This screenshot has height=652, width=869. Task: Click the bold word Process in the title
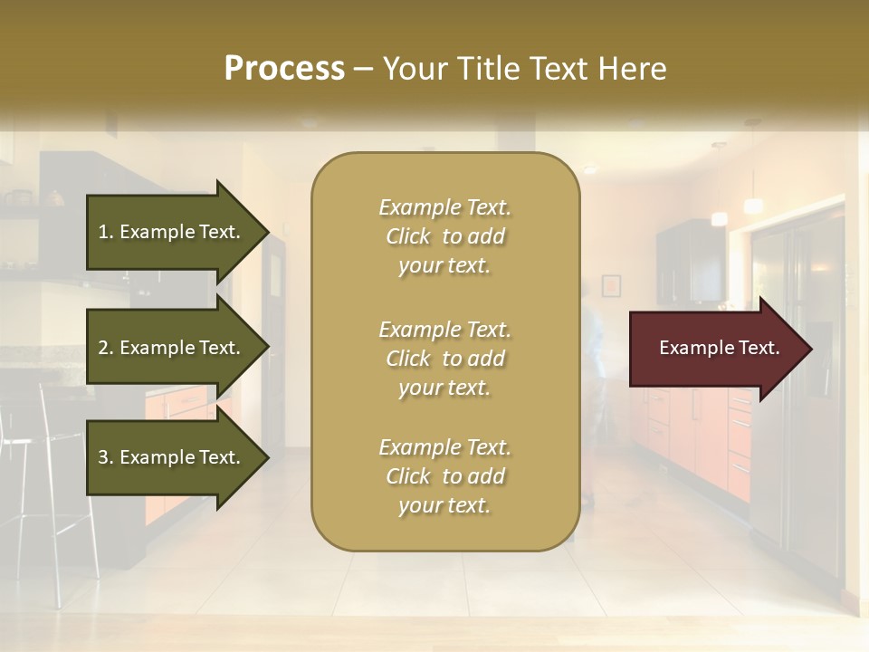pos(284,69)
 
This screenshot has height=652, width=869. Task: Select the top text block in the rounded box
pos(444,236)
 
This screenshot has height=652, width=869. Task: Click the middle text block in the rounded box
pos(444,359)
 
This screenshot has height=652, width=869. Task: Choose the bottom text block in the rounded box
pos(444,476)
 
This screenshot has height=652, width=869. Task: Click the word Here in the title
pos(634,69)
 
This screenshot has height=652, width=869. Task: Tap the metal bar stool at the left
pos(54,489)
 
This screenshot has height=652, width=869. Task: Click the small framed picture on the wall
pos(611,285)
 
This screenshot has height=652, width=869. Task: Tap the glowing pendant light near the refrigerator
pos(720,218)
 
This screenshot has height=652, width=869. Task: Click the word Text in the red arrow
pos(759,348)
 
